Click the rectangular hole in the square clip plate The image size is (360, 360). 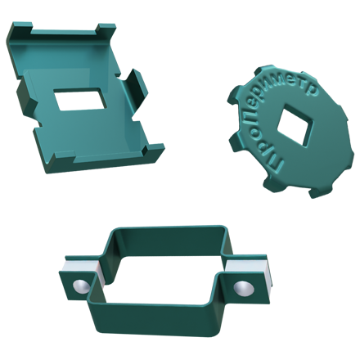(80, 99)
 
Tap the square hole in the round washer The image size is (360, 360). (295, 127)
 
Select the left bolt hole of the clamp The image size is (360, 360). (81, 286)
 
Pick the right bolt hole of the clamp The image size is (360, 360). (244, 289)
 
